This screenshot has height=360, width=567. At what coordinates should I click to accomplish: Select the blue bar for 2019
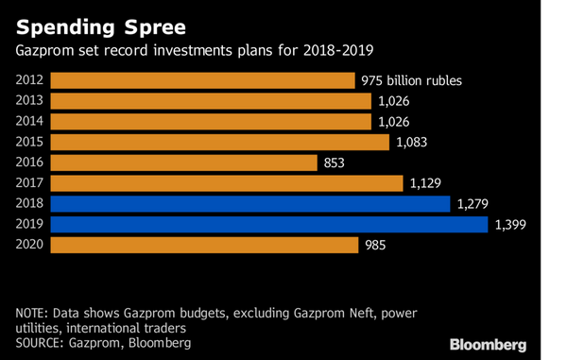coord(268,224)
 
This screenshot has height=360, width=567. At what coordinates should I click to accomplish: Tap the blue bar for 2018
coord(249,203)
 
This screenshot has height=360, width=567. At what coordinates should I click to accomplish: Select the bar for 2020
coord(203,245)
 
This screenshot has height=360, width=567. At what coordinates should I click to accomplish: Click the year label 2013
coord(30,101)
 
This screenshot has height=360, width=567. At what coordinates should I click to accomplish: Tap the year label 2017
coord(30,183)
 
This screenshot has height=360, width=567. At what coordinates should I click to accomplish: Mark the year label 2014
coord(30,122)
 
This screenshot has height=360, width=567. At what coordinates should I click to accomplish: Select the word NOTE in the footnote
coord(33,312)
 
